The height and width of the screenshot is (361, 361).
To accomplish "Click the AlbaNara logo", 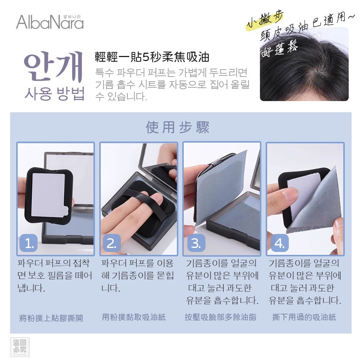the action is point(50,22).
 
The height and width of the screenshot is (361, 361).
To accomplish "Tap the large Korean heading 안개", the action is point(53,66).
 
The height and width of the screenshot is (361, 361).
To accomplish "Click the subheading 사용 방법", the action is point(55,94).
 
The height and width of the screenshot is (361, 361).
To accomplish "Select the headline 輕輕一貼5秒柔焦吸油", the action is point(152,57).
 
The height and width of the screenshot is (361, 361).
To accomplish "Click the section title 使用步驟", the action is point(178,127).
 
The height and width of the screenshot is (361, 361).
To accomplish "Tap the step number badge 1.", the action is point(29,243).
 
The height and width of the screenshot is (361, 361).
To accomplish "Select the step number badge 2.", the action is point(112,243).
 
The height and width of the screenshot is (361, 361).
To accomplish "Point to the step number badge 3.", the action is point(196,243).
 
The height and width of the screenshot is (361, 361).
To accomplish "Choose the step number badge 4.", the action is point(280,243).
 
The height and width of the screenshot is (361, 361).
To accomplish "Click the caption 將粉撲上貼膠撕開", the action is point(51,318).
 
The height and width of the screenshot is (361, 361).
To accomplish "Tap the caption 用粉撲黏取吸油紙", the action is point(134,317).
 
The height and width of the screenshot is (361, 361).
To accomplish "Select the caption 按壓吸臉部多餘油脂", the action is point(221,317).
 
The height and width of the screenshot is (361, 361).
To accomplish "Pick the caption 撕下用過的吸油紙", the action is point(304,317).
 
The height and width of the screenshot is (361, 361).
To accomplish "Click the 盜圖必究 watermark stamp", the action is point(20,347).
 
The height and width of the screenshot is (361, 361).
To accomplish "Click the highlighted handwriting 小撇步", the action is point(265,20).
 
